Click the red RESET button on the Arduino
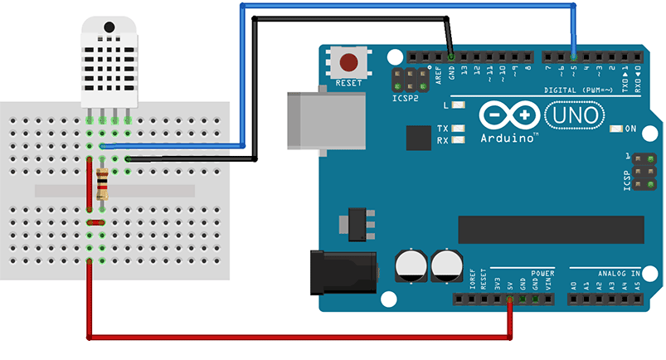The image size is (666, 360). point(349,62)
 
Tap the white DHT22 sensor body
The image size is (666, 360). point(107,62)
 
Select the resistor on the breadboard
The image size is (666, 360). point(102,183)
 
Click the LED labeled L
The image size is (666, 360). point(458,105)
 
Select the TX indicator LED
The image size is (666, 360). point(457,129)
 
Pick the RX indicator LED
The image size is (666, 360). point(457,140)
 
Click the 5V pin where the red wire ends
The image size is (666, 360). point(509,298)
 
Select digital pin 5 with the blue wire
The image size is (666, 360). point(573,56)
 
